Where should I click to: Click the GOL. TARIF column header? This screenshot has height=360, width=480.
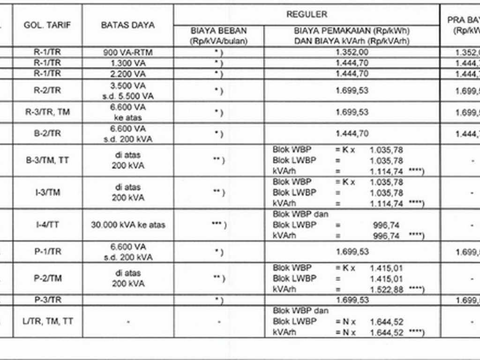pos(47,25)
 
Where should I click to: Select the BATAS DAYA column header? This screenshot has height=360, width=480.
pos(127,25)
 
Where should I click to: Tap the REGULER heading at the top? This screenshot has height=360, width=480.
pos(307,15)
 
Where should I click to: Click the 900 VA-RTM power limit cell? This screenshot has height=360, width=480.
pos(127,52)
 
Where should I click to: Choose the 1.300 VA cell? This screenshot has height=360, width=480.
pos(127,62)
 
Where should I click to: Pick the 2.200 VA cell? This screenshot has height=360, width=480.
pos(127,73)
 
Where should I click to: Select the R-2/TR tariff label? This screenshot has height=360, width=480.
pos(47,90)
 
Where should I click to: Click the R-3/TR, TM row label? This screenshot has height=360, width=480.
pos(47,112)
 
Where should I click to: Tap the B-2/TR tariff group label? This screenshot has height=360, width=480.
pos(47,134)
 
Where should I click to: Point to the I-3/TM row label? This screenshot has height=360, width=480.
pos(47,192)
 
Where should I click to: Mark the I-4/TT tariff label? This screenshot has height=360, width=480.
pos(47,225)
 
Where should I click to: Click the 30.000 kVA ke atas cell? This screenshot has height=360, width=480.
pos(127,225)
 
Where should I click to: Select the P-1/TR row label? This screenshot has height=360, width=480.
pos(47,252)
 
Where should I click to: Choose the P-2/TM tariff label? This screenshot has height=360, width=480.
pos(47,278)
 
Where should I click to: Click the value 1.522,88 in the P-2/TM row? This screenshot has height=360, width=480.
pos(386,290)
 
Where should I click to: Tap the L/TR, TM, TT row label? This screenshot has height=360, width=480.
pos(47,322)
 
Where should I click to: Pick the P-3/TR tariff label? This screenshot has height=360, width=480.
pos(47,300)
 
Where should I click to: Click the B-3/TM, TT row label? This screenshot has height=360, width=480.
pos(47,160)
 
